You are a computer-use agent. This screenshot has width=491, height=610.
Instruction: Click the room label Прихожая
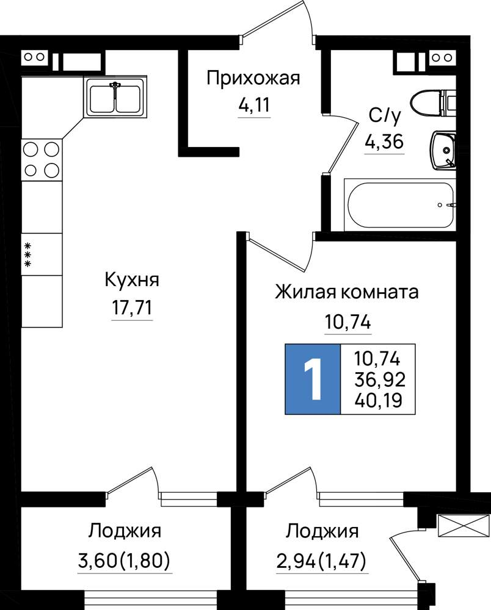pos(253,79)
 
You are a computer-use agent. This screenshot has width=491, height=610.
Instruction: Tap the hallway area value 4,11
pos(254,105)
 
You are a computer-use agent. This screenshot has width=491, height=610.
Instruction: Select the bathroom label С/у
pos(384,115)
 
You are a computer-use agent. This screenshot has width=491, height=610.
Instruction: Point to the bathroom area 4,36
pos(384,142)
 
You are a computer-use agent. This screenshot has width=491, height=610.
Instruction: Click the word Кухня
pos(132,281)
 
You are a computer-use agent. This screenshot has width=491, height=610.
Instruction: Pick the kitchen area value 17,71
pos(132,307)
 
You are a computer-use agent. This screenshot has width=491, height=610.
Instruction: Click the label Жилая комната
pos(346,292)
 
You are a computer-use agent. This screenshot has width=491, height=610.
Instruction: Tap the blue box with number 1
pos(313,379)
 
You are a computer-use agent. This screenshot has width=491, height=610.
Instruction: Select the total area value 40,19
pos(378,400)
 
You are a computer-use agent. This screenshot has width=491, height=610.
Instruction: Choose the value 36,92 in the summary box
pos(380,379)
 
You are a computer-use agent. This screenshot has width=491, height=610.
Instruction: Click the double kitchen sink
pos(115,96)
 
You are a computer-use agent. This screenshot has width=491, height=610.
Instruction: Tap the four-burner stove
pos(42,159)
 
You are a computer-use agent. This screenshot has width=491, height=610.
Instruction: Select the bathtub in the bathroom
pos(399,204)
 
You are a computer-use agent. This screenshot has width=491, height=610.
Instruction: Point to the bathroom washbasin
pos(443,150)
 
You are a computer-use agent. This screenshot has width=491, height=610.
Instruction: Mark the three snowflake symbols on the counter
pos(27,255)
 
